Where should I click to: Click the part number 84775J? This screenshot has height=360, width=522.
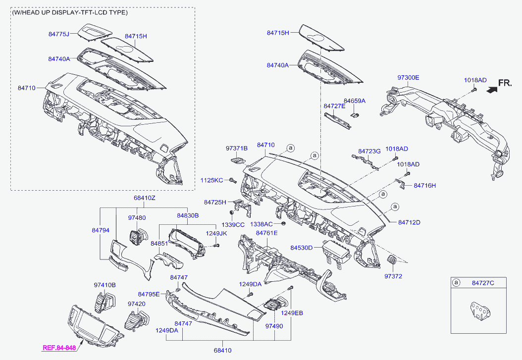tap(58, 34)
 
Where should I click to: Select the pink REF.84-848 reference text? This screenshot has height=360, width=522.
tap(59, 348)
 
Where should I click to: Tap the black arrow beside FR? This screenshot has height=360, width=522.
tap(492, 89)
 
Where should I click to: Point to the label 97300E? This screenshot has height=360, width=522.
tap(408, 78)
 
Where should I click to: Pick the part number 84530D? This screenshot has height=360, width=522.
tap(301, 248)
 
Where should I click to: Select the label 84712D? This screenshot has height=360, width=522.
tap(409, 222)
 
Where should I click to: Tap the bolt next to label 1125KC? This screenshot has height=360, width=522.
tap(232, 180)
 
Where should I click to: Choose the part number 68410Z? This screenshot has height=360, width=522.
tap(145, 198)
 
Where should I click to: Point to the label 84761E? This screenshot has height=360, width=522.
tap(266, 233)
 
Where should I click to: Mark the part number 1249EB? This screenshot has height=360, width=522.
tap(292, 313)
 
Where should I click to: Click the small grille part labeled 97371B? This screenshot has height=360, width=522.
tap(238, 161)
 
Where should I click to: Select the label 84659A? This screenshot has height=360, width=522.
tap(355, 101)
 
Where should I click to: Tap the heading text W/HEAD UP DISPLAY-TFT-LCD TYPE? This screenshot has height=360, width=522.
tap(69, 13)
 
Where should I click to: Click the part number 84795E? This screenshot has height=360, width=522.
tap(149, 294)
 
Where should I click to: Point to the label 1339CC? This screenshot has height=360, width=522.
tap(233, 225)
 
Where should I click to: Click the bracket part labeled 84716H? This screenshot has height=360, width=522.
tap(401, 184)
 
